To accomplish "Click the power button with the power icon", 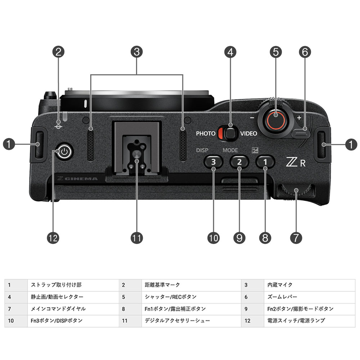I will point(64,152).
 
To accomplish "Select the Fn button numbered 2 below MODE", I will point(239,162).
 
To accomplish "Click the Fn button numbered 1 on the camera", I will point(265,162).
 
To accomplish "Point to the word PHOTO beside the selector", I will point(206,134).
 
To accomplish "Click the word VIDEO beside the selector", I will point(249,134).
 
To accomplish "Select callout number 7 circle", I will point(296,238).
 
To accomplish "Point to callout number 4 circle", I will point(230,52).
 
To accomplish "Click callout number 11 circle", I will point(136,238).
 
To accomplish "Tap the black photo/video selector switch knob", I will point(230,133).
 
